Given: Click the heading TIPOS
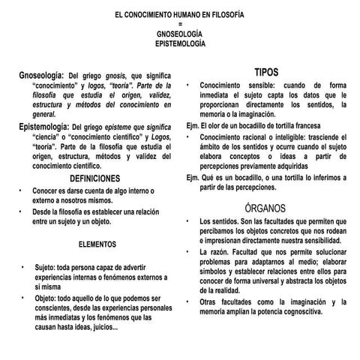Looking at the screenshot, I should (x=266, y=72).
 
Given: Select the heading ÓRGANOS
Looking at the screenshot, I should (x=266, y=207).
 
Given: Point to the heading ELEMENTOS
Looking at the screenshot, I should (x=97, y=244).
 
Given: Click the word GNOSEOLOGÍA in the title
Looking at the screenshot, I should (x=179, y=34).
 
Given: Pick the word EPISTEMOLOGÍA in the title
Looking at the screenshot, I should (x=179, y=44).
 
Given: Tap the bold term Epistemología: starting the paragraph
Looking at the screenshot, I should (x=44, y=127).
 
